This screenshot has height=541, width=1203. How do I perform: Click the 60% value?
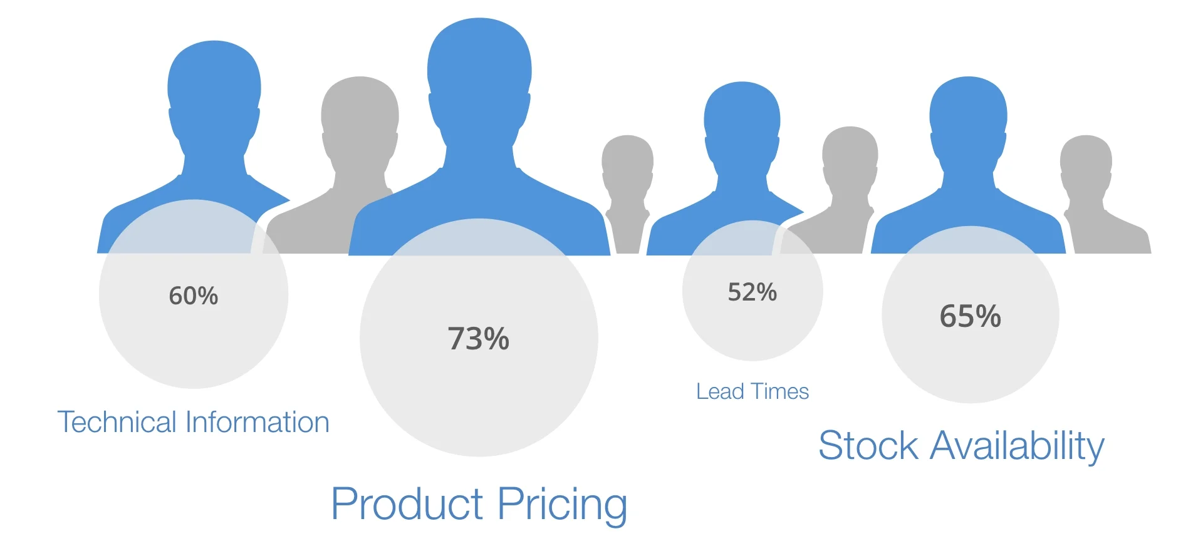pos(193,296)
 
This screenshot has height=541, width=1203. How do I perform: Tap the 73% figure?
pos(478,339)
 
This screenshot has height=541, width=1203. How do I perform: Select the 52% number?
pos(752,292)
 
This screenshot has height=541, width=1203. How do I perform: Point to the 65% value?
pos(970,316)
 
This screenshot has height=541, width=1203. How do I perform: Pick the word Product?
pos(407,503)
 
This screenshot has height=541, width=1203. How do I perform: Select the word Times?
pos(780,391)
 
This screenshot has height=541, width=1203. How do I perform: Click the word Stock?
pos(868,446)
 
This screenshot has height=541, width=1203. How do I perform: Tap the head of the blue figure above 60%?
pos(214,88)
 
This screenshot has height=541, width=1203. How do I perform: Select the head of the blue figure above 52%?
pos(742,119)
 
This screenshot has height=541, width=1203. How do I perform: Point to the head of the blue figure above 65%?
pos(968,116)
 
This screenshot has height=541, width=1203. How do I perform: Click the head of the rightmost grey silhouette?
pos(1086,163)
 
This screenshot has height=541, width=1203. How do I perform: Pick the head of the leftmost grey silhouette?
pos(360,116)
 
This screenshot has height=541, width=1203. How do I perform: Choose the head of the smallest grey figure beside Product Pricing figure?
pos(627,163)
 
